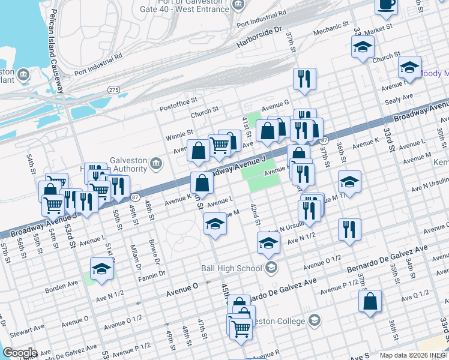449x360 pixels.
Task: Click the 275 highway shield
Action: tap(113, 89)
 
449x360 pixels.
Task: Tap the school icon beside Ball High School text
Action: tap(271, 268)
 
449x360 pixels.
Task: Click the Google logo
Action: tap(19, 353)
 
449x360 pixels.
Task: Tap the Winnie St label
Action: tap(180, 133)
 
